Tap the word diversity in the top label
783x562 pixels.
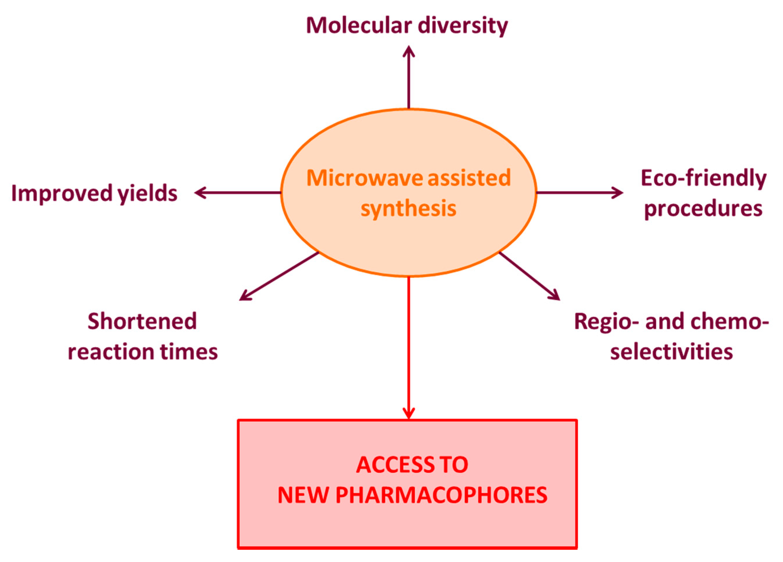463,26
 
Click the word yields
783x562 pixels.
147,194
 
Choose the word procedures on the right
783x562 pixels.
703,209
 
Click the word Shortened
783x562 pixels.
142,321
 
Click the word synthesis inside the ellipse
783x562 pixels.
408,209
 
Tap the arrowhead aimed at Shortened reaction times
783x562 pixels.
245,297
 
